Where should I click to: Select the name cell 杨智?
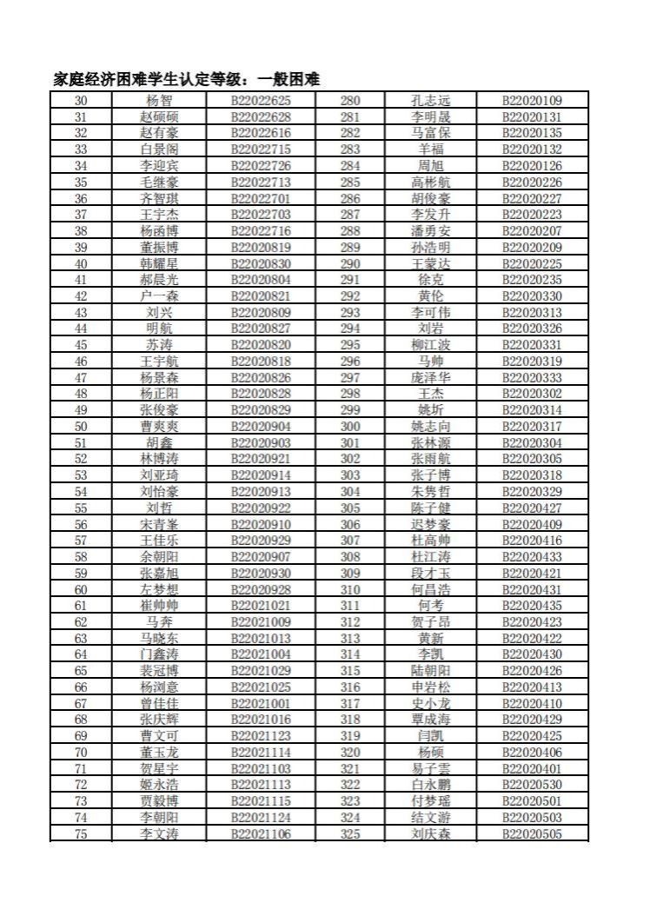point(160,101)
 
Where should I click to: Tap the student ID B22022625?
point(261,101)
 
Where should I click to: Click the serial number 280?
point(350,101)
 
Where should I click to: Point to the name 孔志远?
point(431,101)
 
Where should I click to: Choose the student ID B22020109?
point(532,101)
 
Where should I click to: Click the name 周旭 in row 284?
point(431,166)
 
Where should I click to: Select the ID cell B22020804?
point(261,280)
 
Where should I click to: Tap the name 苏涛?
point(160,345)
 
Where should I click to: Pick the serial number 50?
point(81,427)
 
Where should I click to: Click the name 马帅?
point(431,362)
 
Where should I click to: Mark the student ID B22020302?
point(532,394)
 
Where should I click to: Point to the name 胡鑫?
point(160,443)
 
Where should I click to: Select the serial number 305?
point(350,508)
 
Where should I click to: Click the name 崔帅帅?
point(160,606)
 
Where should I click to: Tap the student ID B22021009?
point(261,622)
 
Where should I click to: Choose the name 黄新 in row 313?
point(431,639)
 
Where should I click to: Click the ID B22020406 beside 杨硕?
point(532,753)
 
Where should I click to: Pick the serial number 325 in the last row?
point(350,834)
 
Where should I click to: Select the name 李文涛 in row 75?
point(160,834)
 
